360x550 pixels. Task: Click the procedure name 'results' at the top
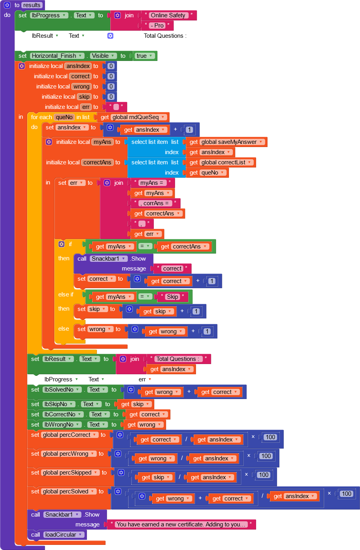(x=31, y=5)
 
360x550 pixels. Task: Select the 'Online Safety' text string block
(x=168, y=15)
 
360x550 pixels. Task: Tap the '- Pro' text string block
(x=159, y=26)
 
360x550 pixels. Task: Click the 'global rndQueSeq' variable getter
(x=135, y=117)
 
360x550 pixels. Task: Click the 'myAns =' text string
(x=151, y=183)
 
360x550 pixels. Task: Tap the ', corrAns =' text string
(x=156, y=203)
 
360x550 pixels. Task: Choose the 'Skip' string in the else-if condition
(x=172, y=297)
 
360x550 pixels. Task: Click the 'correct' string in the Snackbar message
(x=172, y=269)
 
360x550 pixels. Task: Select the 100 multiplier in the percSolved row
(x=346, y=494)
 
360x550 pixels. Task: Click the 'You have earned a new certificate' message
(x=181, y=524)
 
